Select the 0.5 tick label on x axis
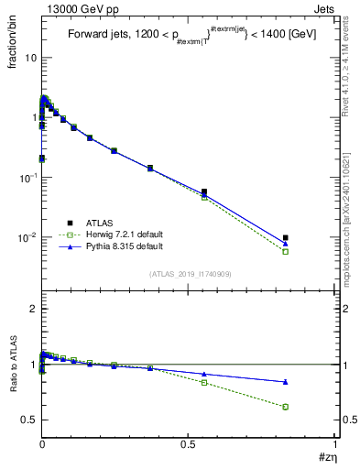pyautogui.click(x=188, y=445)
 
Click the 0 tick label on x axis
pyautogui.click(x=42, y=445)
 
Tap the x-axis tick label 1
pyautogui.click(x=335, y=445)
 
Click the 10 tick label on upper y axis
pyautogui.click(x=30, y=58)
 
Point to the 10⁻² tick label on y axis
pyautogui.click(x=27, y=237)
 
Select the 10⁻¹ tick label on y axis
pyautogui.click(x=27, y=178)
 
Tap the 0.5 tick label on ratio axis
pyautogui.click(x=28, y=420)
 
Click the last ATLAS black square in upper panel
pyautogui.click(x=286, y=238)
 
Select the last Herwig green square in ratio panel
pyautogui.click(x=286, y=407)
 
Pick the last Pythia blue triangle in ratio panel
pyautogui.click(x=286, y=381)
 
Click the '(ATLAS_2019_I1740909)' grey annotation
pyautogui.click(x=190, y=274)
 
